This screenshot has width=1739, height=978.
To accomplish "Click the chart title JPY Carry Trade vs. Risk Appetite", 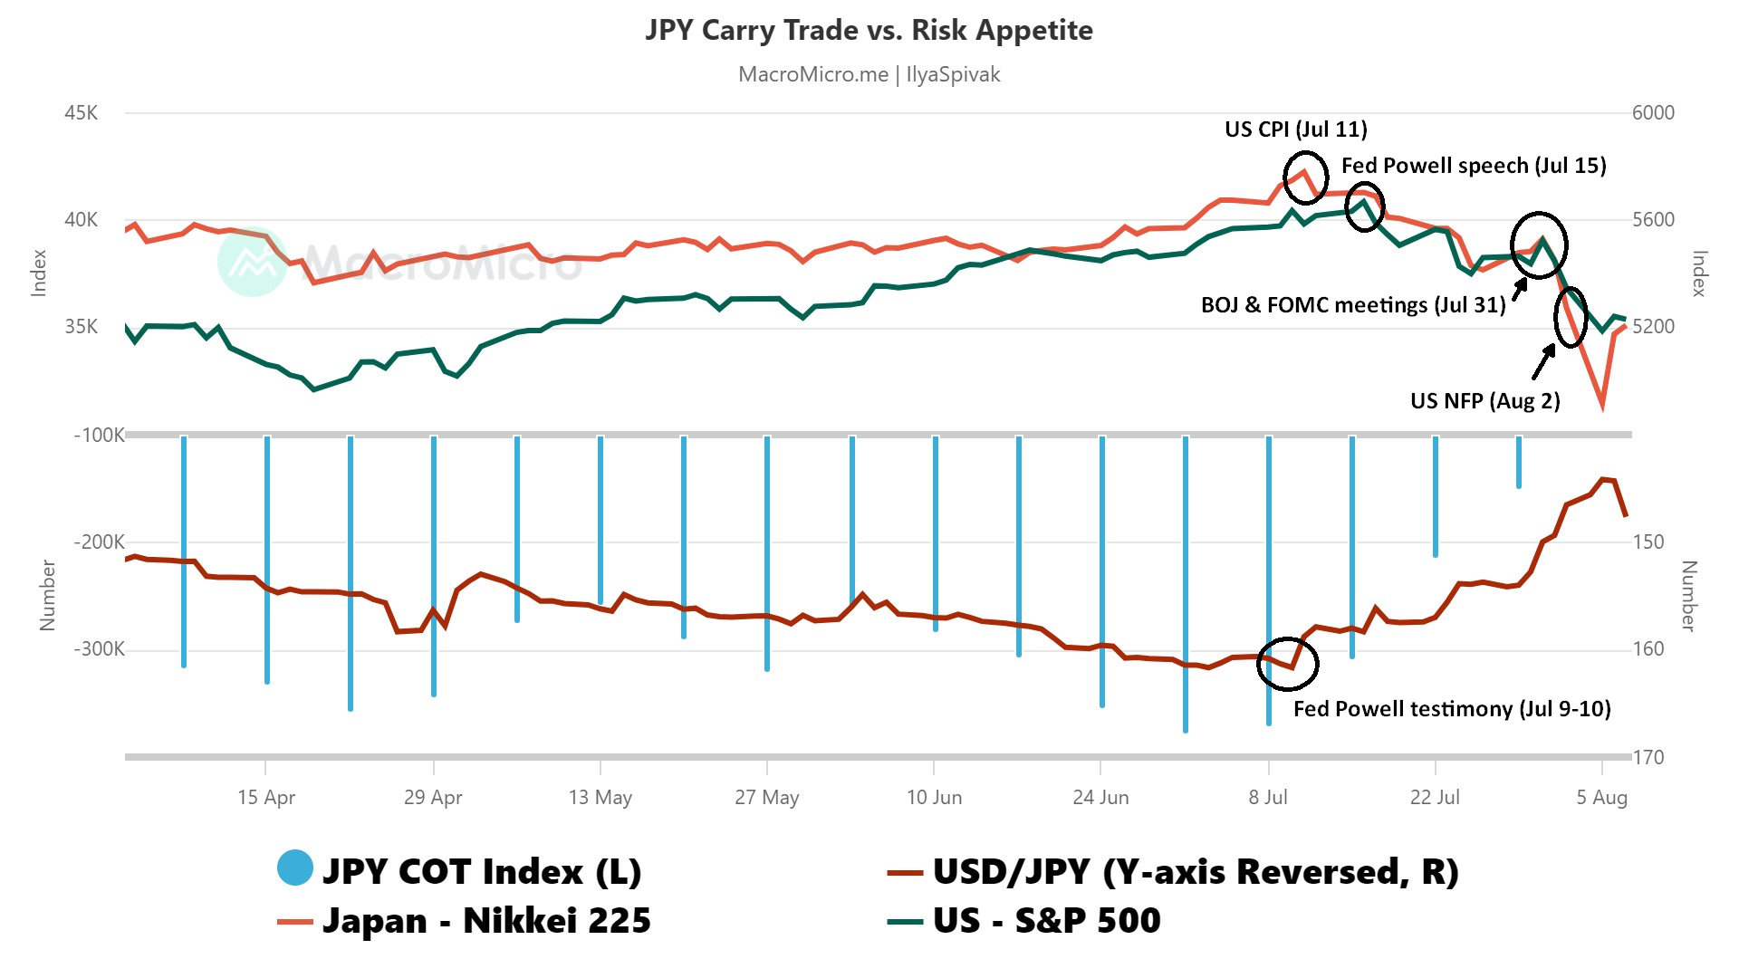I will click(869, 30).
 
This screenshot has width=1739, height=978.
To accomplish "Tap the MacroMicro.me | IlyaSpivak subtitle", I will click(869, 74).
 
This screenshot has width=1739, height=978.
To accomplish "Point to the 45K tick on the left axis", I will click(81, 113).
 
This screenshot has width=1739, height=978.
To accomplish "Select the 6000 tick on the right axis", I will click(1653, 113).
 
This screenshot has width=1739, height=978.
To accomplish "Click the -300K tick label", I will click(99, 649).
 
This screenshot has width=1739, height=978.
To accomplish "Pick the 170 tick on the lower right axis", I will click(1648, 757).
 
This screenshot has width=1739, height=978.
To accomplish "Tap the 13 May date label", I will click(600, 797).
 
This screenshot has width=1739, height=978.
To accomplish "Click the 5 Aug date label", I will click(1601, 797).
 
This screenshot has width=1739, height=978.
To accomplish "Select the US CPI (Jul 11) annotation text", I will click(1295, 129).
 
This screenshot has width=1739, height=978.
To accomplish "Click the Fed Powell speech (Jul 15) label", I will click(1474, 166).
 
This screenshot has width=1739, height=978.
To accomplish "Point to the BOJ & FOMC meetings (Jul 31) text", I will click(1352, 305).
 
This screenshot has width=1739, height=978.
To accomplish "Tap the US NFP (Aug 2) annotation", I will click(1484, 401).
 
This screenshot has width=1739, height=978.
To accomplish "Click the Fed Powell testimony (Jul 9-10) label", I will click(1451, 709).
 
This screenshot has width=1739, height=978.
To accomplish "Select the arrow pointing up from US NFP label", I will click(1543, 362).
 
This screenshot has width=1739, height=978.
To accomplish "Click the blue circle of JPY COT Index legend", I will click(295, 868).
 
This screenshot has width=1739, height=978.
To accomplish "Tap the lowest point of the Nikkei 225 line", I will click(1602, 407).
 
